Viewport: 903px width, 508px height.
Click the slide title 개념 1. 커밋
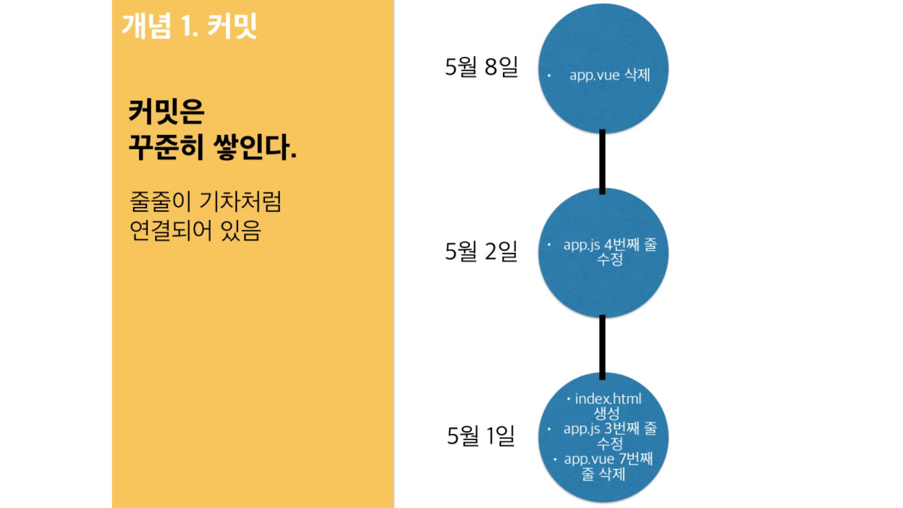[x=189, y=26]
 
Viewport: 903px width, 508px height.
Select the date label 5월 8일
[x=481, y=67]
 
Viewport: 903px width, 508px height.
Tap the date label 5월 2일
[x=481, y=252]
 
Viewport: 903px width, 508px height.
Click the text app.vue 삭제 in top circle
[x=609, y=75]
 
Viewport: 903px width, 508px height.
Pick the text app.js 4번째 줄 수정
[x=609, y=252]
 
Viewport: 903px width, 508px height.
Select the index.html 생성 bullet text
[x=607, y=406]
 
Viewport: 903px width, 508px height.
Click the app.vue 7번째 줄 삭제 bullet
[x=607, y=466]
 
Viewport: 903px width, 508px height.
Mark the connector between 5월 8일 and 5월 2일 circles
[x=602, y=161]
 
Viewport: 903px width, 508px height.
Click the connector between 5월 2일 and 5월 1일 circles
[x=602, y=347]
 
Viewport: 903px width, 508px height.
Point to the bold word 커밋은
[x=166, y=111]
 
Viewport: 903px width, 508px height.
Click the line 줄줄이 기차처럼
[x=205, y=202]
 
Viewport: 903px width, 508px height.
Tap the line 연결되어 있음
[x=196, y=231]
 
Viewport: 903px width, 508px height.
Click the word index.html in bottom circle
[x=608, y=398]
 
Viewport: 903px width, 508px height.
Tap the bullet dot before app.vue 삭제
[x=550, y=75]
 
